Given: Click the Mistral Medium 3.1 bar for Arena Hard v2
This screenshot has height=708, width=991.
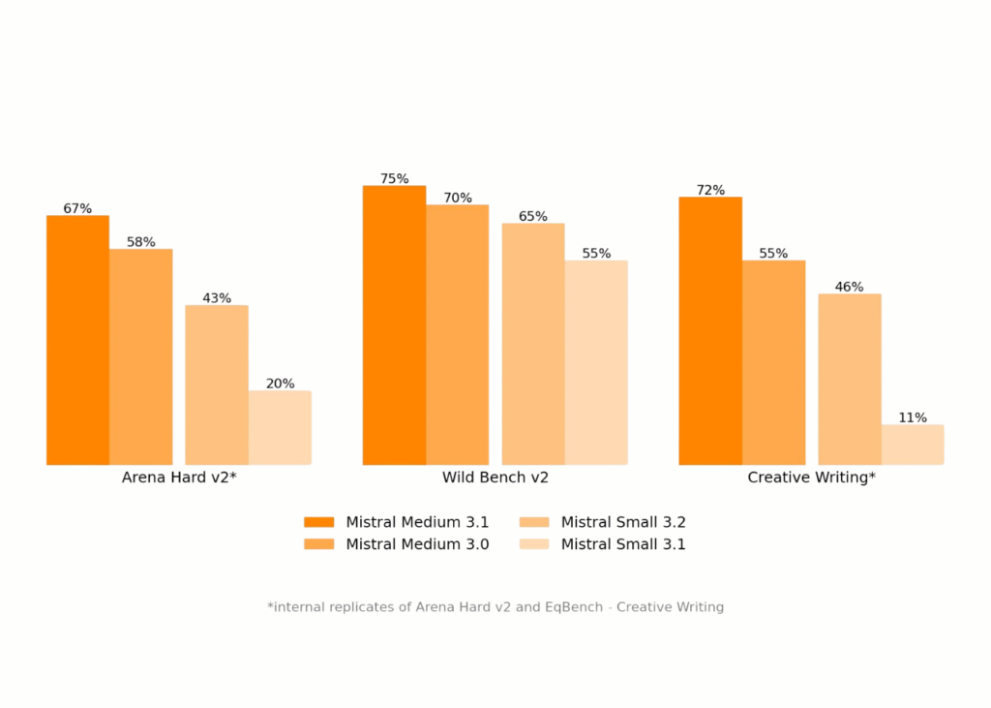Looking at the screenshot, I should click(x=77, y=340).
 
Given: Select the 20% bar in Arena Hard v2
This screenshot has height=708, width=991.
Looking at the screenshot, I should click(x=280, y=427).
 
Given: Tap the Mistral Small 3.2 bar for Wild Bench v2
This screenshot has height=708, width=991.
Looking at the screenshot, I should click(x=533, y=344).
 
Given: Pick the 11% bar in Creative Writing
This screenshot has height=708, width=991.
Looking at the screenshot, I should click(x=913, y=445).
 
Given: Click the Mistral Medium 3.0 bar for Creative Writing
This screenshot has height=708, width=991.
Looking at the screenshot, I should click(x=773, y=362).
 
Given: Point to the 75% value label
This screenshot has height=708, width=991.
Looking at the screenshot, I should click(x=394, y=179).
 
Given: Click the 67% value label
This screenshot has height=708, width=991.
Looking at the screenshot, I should click(x=77, y=209).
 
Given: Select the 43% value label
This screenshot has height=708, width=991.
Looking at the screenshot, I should click(x=217, y=298).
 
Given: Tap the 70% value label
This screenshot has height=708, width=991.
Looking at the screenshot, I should click(x=458, y=199).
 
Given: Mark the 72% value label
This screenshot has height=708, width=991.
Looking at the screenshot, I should click(x=710, y=191).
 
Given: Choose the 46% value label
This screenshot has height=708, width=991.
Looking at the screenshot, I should click(x=849, y=288).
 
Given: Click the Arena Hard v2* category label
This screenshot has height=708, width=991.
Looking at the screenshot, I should click(x=179, y=477).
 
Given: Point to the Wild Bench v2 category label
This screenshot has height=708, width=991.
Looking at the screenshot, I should click(x=495, y=477).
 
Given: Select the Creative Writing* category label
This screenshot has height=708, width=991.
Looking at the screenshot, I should click(x=811, y=477).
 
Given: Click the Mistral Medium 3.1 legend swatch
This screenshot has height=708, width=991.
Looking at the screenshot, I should click(x=318, y=523).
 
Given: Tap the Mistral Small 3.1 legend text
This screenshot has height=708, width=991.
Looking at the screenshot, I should click(x=623, y=544).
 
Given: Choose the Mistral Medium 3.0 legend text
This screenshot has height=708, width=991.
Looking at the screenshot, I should click(x=417, y=544).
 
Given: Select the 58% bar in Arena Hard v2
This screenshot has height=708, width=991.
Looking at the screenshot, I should click(x=140, y=356).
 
